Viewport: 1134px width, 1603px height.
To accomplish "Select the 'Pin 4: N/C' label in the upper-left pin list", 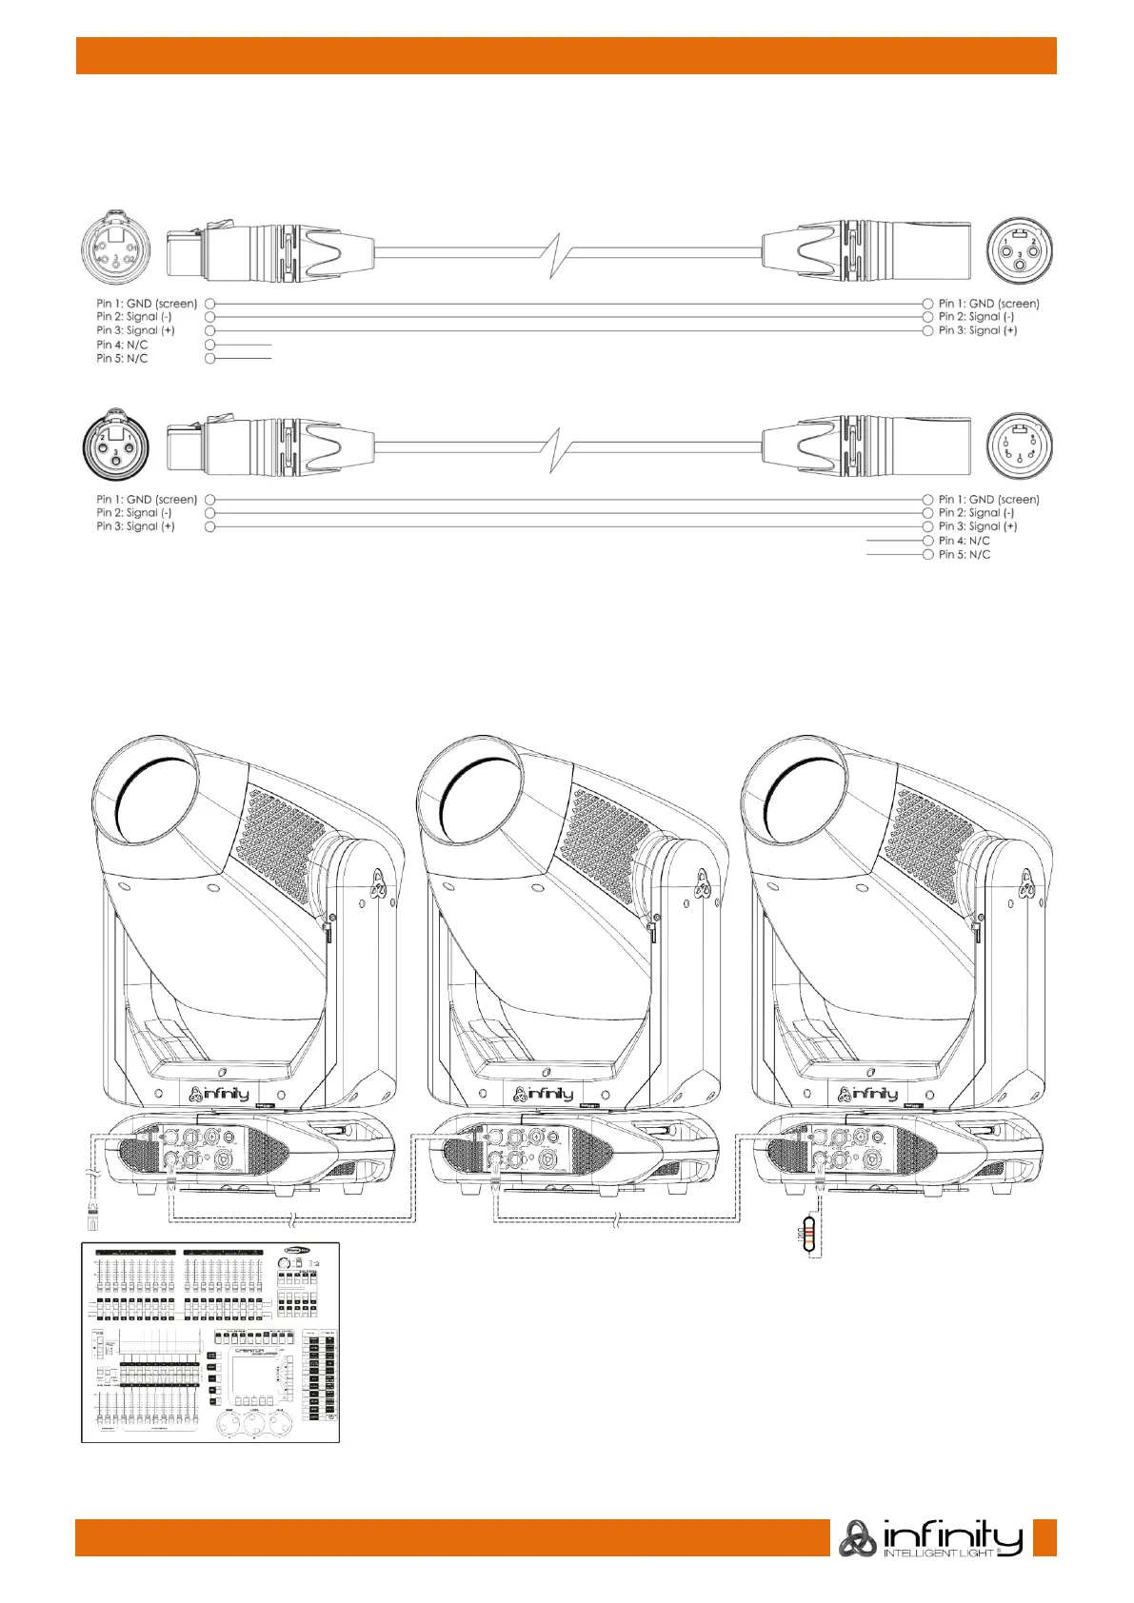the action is pyautogui.click(x=122, y=345).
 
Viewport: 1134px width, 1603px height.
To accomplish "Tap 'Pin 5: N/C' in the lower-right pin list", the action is pyautogui.click(x=965, y=554).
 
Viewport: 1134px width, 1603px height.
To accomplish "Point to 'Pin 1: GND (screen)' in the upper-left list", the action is pyautogui.click(x=147, y=304).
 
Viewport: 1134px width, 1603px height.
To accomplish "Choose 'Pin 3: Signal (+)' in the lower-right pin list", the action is pyautogui.click(x=978, y=526).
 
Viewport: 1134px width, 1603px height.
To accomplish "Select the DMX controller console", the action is pyautogui.click(x=209, y=1341).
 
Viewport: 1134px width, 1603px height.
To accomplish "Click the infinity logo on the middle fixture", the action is pyautogui.click(x=543, y=1094).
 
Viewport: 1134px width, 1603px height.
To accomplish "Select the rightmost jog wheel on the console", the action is pyautogui.click(x=283, y=1428).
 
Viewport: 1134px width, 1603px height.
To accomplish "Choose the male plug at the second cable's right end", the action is pyautogui.click(x=866, y=446).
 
